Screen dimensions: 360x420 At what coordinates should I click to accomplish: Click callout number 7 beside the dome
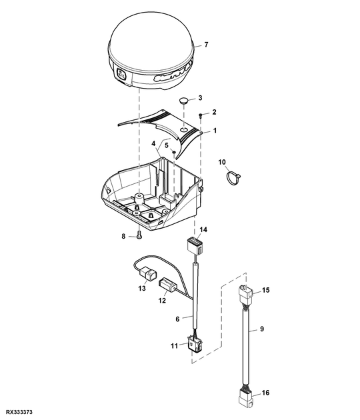coord(206,45)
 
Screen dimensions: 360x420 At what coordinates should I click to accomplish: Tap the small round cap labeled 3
coord(183,101)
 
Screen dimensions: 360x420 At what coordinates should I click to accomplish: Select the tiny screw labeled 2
coord(201,115)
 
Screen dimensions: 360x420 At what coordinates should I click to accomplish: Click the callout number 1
coord(215,131)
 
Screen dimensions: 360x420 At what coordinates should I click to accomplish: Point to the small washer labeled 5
coord(174,152)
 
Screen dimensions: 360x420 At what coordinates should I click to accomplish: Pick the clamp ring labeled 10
coord(233,178)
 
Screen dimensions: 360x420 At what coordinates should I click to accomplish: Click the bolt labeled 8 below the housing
coord(139,235)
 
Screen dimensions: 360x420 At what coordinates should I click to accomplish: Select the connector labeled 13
coord(147,275)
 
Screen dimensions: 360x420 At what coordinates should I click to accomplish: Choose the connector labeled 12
coord(168,285)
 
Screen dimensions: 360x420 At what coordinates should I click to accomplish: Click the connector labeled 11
coord(195,343)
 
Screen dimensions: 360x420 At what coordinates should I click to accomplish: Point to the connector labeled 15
coord(245,294)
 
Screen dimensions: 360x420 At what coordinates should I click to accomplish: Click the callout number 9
coord(262,329)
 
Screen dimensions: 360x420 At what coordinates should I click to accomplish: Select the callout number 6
coord(177,319)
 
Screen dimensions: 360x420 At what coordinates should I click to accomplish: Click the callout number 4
coord(153,143)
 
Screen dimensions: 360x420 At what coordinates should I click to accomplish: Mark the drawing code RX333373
coord(19,412)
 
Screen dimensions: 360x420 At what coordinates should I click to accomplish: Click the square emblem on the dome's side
coord(121,74)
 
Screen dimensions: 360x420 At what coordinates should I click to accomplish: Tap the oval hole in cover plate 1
coord(184,129)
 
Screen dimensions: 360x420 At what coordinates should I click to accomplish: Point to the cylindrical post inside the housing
coord(139,199)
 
